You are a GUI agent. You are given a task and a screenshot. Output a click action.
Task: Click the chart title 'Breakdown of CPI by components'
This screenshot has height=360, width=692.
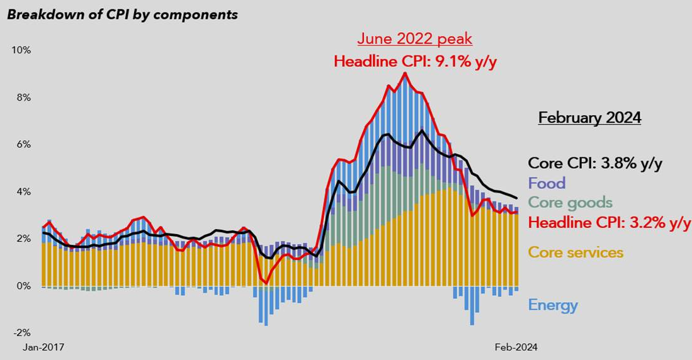point(122,14)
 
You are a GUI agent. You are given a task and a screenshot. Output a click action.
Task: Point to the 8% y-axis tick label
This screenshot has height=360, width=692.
point(23,98)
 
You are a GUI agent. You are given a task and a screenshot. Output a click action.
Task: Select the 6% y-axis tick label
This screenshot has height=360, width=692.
point(23,145)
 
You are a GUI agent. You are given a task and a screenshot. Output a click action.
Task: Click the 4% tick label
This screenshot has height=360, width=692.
point(23,192)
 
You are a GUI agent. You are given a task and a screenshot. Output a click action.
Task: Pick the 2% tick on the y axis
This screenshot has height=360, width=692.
point(23,239)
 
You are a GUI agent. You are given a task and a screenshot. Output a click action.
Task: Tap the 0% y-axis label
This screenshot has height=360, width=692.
point(23,286)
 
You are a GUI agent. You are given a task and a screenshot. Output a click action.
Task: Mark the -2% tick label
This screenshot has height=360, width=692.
point(22,333)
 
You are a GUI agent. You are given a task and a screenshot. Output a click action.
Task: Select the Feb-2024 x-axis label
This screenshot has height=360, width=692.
point(516,347)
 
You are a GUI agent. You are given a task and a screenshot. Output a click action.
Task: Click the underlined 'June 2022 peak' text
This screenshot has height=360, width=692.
point(414,39)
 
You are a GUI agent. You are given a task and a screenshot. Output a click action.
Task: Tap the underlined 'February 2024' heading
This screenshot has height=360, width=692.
point(589,118)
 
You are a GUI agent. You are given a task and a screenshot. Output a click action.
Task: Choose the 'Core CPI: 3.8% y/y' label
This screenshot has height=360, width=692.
point(595,164)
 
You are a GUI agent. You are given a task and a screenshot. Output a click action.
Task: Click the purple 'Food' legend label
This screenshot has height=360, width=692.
point(547,183)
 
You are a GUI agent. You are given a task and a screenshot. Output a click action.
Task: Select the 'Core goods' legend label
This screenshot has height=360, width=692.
point(570,203)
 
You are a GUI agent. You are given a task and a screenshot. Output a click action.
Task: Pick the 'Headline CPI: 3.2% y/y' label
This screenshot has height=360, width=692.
point(609,223)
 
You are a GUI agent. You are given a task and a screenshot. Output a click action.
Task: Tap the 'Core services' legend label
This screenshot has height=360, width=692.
point(576,253)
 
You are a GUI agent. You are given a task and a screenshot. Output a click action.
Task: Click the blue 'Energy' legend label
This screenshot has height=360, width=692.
point(553,306)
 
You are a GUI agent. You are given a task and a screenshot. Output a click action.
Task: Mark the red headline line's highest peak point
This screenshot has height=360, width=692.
point(405,73)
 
